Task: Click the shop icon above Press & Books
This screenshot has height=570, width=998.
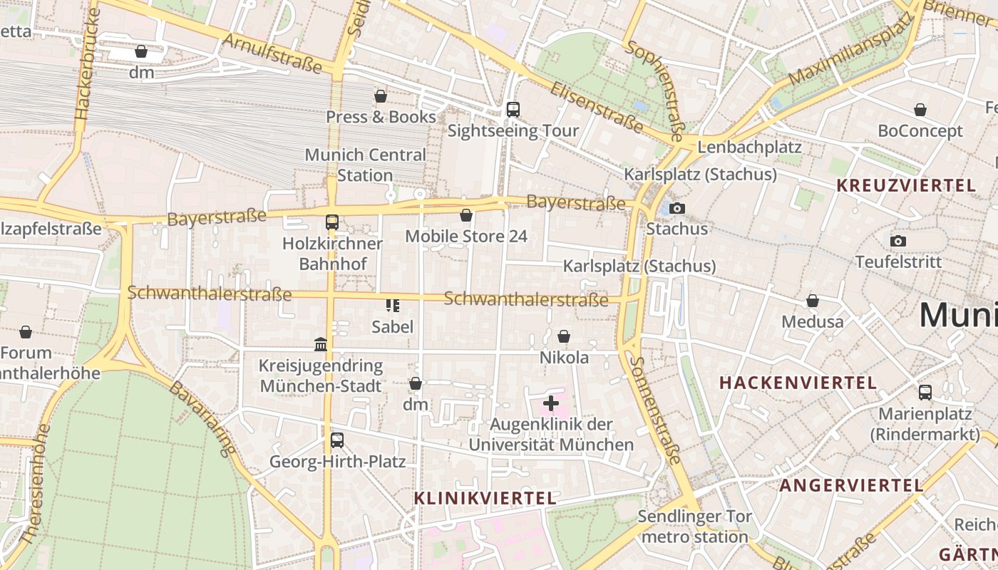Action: (381, 96)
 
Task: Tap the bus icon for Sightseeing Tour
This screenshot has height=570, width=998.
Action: (513, 110)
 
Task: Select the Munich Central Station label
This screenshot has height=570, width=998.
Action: (365, 165)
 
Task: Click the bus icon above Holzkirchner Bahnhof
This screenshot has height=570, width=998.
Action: (332, 222)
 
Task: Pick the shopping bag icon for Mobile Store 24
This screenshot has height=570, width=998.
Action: (466, 215)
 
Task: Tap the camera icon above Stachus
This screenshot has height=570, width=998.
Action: (677, 208)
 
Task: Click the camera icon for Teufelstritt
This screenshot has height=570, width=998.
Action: (898, 241)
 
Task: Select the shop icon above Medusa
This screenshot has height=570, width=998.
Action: (812, 301)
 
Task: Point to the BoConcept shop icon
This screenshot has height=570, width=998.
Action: (920, 110)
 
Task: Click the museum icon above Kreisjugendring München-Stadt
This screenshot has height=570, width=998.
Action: (321, 345)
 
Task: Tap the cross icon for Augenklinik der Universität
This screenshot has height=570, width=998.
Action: (550, 404)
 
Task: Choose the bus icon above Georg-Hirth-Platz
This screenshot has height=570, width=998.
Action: (337, 440)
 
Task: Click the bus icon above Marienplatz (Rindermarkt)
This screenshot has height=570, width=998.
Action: (925, 393)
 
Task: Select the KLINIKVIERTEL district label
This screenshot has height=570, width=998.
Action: (485, 498)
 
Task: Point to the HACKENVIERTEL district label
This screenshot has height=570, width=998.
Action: (798, 383)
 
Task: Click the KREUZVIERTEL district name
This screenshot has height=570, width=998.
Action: (905, 186)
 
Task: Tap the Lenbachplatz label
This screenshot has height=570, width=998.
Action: (750, 147)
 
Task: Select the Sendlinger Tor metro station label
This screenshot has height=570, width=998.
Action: (694, 527)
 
